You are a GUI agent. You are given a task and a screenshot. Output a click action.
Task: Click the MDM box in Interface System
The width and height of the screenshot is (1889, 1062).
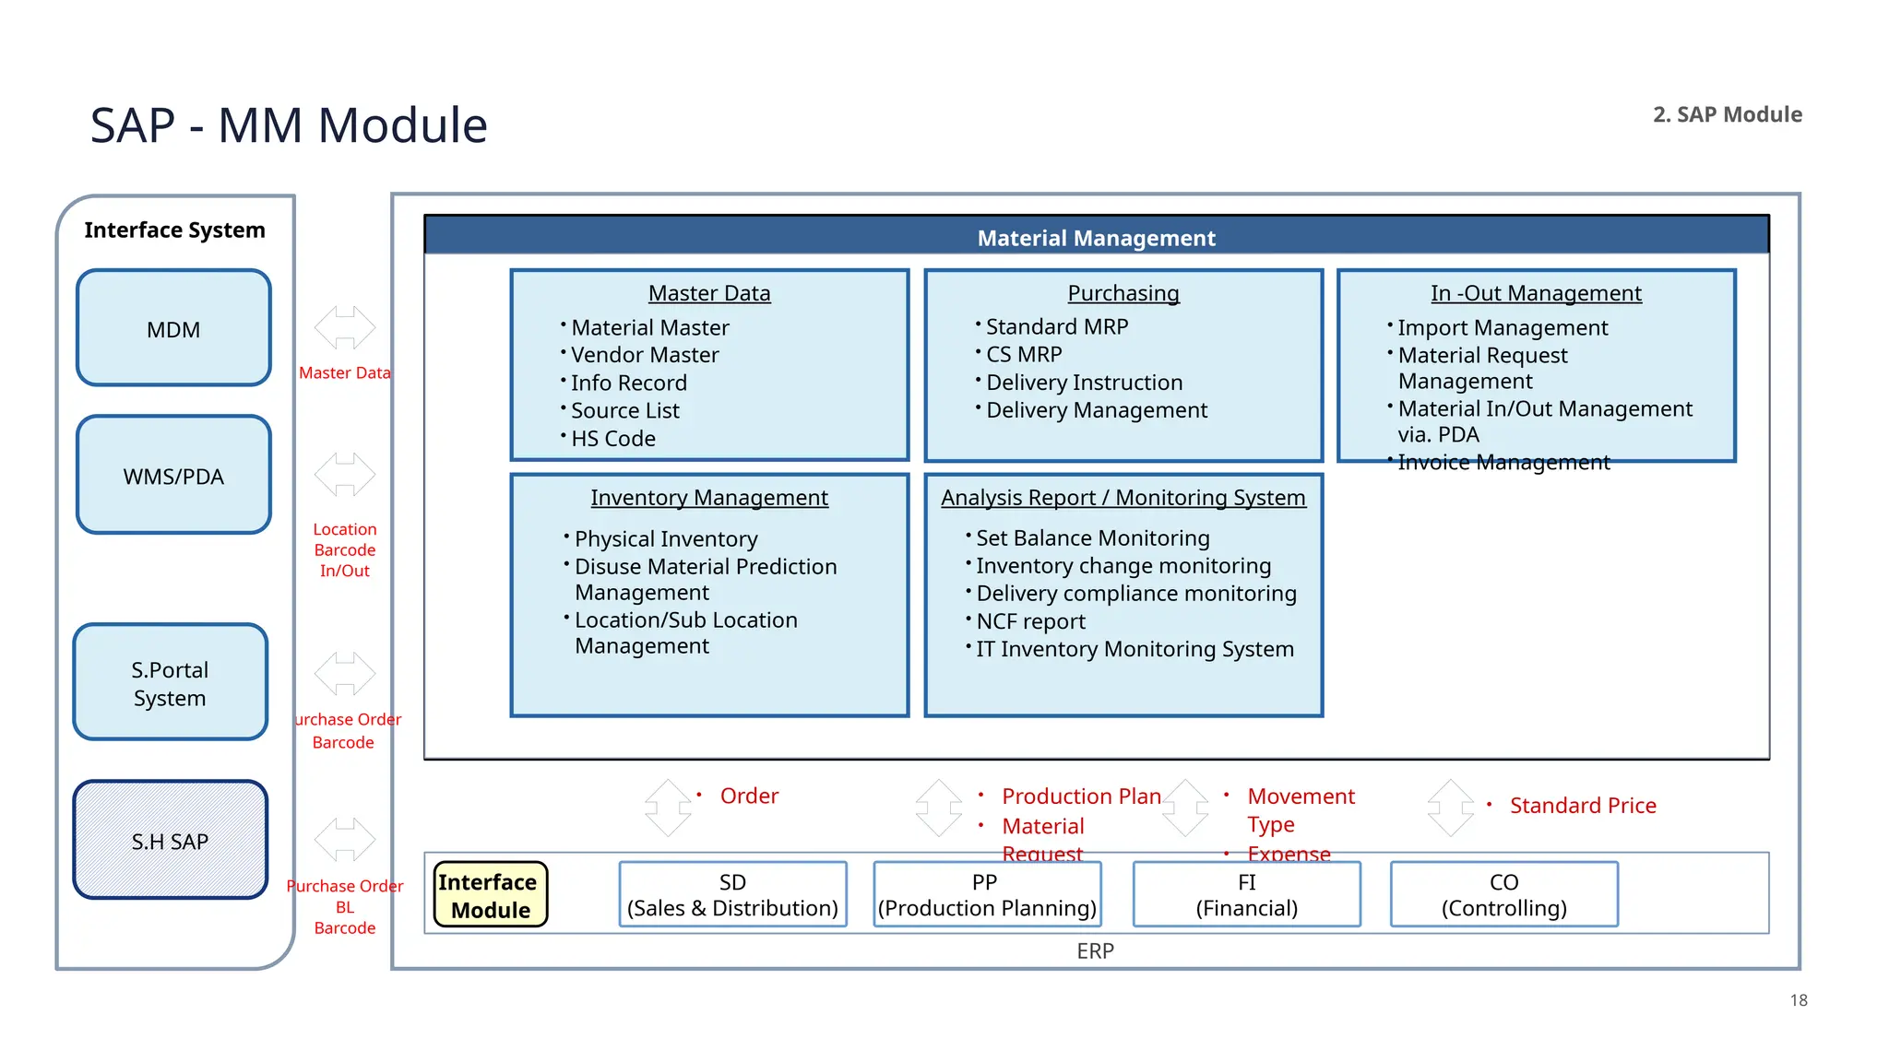coord(173,328)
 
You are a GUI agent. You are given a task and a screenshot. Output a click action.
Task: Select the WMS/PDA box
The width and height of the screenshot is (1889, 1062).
coord(173,476)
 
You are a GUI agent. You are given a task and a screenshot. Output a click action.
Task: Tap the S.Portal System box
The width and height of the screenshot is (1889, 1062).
coord(170,683)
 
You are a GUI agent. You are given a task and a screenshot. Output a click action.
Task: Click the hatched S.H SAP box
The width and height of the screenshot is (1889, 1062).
coord(170,841)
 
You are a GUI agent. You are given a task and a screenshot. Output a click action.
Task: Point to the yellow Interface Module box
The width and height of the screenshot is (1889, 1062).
coord(491,895)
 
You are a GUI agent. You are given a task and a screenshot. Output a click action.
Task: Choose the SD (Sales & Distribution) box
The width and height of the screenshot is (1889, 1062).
coord(732,895)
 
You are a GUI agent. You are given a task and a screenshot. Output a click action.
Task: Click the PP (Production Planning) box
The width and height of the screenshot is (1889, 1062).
coord(987,895)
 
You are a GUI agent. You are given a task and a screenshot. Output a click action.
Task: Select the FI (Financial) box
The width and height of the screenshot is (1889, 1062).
coord(1246,895)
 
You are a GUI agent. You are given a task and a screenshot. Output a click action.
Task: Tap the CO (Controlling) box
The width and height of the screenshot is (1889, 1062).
coord(1503,895)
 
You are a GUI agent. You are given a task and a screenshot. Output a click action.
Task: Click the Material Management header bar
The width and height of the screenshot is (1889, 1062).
coord(1096,237)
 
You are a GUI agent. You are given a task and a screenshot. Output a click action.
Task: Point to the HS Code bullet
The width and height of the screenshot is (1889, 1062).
coord(612,439)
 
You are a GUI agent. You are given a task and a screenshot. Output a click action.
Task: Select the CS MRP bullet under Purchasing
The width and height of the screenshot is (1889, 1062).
coord(1024,355)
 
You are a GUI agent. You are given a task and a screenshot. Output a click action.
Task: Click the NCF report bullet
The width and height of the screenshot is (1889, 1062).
coord(1030,621)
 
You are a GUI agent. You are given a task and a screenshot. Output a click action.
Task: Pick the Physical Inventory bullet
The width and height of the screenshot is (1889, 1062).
coord(665,539)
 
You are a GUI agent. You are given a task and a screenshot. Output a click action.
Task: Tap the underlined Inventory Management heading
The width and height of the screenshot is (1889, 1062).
coord(709,498)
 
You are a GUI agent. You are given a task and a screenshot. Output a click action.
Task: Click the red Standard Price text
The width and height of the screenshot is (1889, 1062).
coord(1582,806)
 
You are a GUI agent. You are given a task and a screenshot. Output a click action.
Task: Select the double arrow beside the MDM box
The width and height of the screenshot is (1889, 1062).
coord(344,327)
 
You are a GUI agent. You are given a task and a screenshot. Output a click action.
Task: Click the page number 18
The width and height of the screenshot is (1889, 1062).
coord(1798,1000)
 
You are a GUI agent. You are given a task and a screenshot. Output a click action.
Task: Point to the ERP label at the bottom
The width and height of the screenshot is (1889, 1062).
coord(1095,951)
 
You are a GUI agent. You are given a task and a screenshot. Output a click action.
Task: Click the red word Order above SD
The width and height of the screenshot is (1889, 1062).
coord(749,796)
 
